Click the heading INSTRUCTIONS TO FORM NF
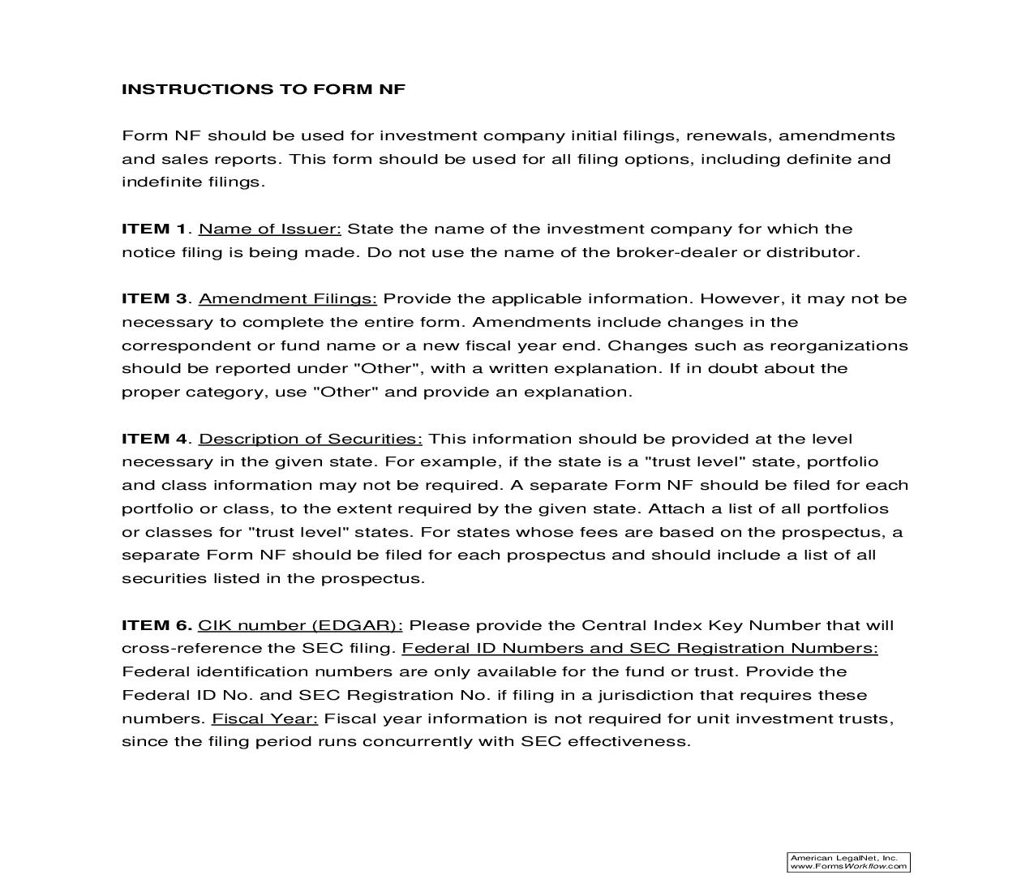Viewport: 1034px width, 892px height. (x=263, y=89)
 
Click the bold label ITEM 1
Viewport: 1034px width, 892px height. (x=153, y=229)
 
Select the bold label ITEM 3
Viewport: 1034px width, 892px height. (x=153, y=298)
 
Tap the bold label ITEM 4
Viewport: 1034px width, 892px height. (x=153, y=439)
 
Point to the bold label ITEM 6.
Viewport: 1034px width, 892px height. (x=156, y=625)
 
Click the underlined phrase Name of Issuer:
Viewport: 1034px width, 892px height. (x=270, y=229)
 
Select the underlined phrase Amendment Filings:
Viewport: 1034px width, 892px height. (x=288, y=298)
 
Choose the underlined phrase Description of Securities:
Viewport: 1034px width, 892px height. (x=311, y=439)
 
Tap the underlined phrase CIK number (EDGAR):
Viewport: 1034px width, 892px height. (x=300, y=625)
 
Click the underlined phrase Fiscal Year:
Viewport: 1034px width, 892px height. (x=265, y=718)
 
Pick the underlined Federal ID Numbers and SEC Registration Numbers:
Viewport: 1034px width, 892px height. (x=640, y=648)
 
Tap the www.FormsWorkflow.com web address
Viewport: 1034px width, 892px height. (x=848, y=866)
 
